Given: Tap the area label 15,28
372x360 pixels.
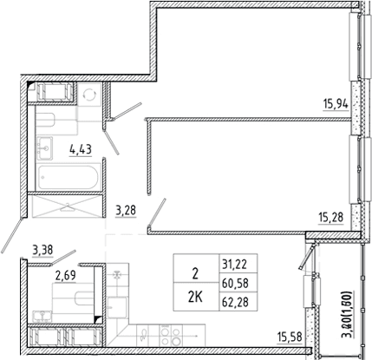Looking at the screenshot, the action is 331,217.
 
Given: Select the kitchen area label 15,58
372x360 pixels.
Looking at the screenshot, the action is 290,337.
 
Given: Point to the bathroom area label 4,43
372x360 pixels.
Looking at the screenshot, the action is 81,150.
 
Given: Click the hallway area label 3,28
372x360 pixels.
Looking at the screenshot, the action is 126,211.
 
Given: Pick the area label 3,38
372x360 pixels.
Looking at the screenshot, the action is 42,250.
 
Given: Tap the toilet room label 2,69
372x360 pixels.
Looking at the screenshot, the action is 66,276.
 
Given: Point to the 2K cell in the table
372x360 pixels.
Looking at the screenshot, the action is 195,298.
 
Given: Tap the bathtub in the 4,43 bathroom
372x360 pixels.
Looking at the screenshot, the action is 69,177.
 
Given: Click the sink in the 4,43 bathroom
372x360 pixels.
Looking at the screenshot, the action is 45,147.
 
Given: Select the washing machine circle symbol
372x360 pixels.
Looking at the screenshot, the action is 89,94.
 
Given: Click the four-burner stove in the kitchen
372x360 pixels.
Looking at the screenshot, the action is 171,335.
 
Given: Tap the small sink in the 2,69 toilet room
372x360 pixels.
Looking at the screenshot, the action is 42,317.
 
